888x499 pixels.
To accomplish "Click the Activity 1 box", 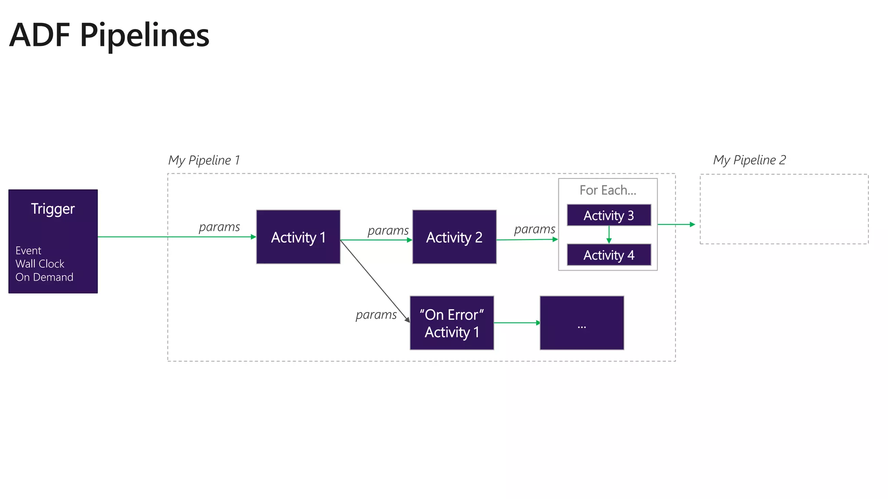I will (298, 237).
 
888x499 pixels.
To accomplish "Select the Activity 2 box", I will (454, 237).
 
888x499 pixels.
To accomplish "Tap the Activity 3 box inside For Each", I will (608, 215).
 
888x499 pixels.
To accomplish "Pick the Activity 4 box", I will (608, 255).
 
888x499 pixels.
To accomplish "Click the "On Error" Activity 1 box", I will (451, 323).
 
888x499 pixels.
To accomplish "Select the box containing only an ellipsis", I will (581, 323).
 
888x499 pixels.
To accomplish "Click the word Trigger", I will (53, 209).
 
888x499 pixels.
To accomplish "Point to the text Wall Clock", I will (40, 264).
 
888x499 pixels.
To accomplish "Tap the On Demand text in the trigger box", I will (44, 277).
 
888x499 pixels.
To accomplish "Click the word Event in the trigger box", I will (28, 250).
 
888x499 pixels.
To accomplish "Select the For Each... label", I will (607, 190).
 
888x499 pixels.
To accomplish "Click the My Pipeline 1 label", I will (204, 160).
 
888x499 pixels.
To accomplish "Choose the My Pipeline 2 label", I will (749, 160).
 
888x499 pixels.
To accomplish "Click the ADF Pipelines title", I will (109, 35).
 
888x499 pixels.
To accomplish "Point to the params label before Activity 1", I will (219, 227).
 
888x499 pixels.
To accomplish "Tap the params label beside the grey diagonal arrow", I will (376, 315).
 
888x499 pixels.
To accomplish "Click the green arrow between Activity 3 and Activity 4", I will (609, 234).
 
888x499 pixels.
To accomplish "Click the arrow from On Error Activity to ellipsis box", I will (517, 323).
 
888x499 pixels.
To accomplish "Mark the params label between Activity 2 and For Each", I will (534, 229).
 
